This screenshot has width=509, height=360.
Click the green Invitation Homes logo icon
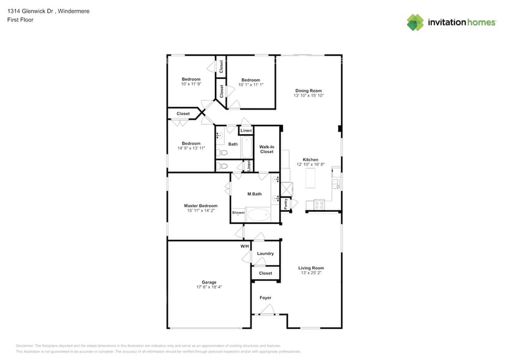[x=415, y=22]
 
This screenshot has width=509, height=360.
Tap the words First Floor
[x=20, y=20]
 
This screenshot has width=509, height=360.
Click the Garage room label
[x=209, y=282]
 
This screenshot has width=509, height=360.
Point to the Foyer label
[x=265, y=298]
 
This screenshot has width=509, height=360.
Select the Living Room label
[x=311, y=268]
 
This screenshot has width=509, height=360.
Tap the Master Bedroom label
[x=200, y=206]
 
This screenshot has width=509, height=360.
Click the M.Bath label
[x=254, y=194]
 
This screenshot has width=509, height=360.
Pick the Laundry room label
[x=265, y=253]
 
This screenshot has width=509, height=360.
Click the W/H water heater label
[x=244, y=246]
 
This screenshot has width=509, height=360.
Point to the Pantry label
[x=286, y=204]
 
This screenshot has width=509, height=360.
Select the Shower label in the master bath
[x=238, y=212]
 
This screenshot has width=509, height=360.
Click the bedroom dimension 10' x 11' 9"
[x=191, y=84]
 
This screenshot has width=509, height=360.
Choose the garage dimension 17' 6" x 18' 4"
[x=209, y=287]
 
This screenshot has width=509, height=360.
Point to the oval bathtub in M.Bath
[x=258, y=214]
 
